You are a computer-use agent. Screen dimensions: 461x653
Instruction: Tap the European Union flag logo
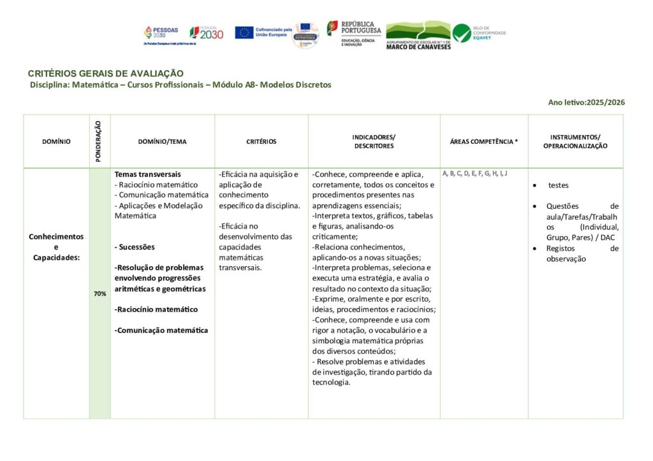244,32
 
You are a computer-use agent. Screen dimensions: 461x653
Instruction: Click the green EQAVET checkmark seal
462,33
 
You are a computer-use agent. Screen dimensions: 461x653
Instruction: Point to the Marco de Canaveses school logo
418,35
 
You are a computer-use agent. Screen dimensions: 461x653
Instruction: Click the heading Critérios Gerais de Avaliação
105,74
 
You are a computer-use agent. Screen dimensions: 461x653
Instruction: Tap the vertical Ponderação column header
99,141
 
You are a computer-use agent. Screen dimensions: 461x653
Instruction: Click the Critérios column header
261,142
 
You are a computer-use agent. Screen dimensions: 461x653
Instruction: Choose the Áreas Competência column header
483,142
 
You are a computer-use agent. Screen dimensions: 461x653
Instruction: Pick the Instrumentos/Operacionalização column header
575,141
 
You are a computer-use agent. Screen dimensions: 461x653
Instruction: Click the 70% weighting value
99,294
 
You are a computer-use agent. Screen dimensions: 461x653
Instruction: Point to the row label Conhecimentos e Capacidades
56,246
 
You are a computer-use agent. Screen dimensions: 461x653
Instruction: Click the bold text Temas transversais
147,174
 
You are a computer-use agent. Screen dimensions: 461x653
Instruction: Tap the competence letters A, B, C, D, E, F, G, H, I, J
474,173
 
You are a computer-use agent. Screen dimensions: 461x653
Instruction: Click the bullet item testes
558,185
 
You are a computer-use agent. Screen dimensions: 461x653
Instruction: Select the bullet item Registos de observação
582,253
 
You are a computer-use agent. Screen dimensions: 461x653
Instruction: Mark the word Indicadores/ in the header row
374,137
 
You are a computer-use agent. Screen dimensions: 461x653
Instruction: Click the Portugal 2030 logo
206,33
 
